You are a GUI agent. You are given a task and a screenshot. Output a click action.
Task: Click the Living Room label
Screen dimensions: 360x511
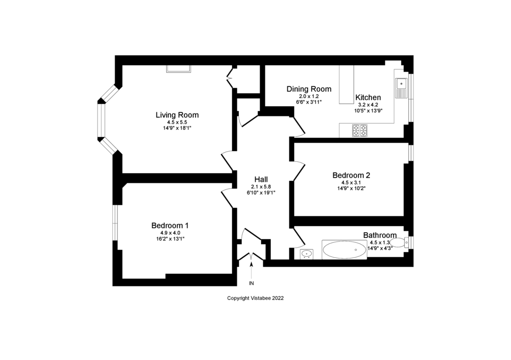(177, 115)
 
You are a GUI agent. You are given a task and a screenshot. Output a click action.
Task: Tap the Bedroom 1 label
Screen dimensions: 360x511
(170, 225)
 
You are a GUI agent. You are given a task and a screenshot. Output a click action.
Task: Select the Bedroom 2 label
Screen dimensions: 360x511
(351, 175)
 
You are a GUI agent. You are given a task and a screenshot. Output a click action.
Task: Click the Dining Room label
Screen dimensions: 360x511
(308, 89)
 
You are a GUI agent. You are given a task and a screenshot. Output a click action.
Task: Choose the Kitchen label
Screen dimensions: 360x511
(368, 98)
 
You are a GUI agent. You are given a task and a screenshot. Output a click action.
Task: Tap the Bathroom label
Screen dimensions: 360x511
(380, 235)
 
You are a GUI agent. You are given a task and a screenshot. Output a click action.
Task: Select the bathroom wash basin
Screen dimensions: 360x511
(307, 254)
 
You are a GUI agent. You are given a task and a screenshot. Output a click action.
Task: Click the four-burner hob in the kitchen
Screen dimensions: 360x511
(360, 130)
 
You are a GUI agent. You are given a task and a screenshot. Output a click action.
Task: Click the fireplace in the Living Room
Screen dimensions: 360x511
(178, 68)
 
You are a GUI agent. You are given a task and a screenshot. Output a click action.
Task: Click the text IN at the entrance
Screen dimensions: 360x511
(251, 283)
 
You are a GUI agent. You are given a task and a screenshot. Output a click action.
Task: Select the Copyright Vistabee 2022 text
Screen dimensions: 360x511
(255, 298)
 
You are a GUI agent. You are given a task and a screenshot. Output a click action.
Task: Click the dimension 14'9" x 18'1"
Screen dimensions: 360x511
(177, 128)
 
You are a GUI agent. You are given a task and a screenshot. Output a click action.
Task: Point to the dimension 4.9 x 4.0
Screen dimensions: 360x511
(170, 233)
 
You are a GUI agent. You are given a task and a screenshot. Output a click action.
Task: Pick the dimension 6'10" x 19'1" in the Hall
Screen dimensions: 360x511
(261, 193)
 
